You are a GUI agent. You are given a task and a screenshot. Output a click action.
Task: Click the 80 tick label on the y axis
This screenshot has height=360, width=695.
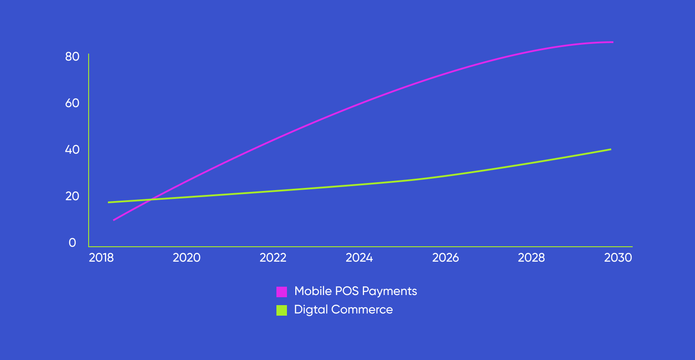tap(72, 57)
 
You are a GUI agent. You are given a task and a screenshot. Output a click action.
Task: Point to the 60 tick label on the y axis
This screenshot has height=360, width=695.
tap(72, 103)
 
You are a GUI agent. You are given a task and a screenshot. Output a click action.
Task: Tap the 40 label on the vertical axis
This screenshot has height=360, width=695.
tap(72, 150)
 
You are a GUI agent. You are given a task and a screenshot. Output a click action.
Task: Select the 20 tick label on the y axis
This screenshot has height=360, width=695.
tap(72, 196)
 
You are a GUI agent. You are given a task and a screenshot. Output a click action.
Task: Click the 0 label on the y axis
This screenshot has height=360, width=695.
tap(72, 243)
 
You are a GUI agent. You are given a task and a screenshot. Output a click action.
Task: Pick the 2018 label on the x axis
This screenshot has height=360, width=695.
tap(101, 258)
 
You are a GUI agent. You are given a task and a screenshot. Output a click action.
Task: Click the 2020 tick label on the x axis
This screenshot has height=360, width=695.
tap(186, 258)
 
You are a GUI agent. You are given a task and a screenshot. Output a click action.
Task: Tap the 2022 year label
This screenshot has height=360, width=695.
tap(273, 258)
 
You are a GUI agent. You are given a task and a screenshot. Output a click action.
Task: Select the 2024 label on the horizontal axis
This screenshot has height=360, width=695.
tap(359, 258)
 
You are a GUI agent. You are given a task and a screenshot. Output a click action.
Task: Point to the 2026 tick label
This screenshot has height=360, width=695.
tap(445, 258)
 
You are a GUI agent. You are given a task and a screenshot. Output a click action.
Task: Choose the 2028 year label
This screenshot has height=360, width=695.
tap(531, 258)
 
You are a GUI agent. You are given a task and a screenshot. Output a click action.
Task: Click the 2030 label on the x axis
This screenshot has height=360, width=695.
tap(618, 258)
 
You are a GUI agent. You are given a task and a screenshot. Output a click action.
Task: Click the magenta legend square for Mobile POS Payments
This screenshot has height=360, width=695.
tap(282, 292)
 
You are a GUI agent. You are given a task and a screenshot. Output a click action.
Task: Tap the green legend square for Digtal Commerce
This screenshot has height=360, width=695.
tap(282, 310)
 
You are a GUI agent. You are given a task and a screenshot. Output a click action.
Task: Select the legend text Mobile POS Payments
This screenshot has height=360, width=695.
tap(355, 291)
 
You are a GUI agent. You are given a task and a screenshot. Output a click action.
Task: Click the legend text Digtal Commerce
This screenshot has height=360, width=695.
tap(344, 310)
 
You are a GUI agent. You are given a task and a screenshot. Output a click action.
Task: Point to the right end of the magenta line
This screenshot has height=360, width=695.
tap(613, 42)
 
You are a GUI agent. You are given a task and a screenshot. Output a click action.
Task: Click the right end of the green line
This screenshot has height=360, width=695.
tap(610, 149)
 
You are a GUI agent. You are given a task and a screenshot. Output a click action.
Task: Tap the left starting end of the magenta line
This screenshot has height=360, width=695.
tap(114, 220)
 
